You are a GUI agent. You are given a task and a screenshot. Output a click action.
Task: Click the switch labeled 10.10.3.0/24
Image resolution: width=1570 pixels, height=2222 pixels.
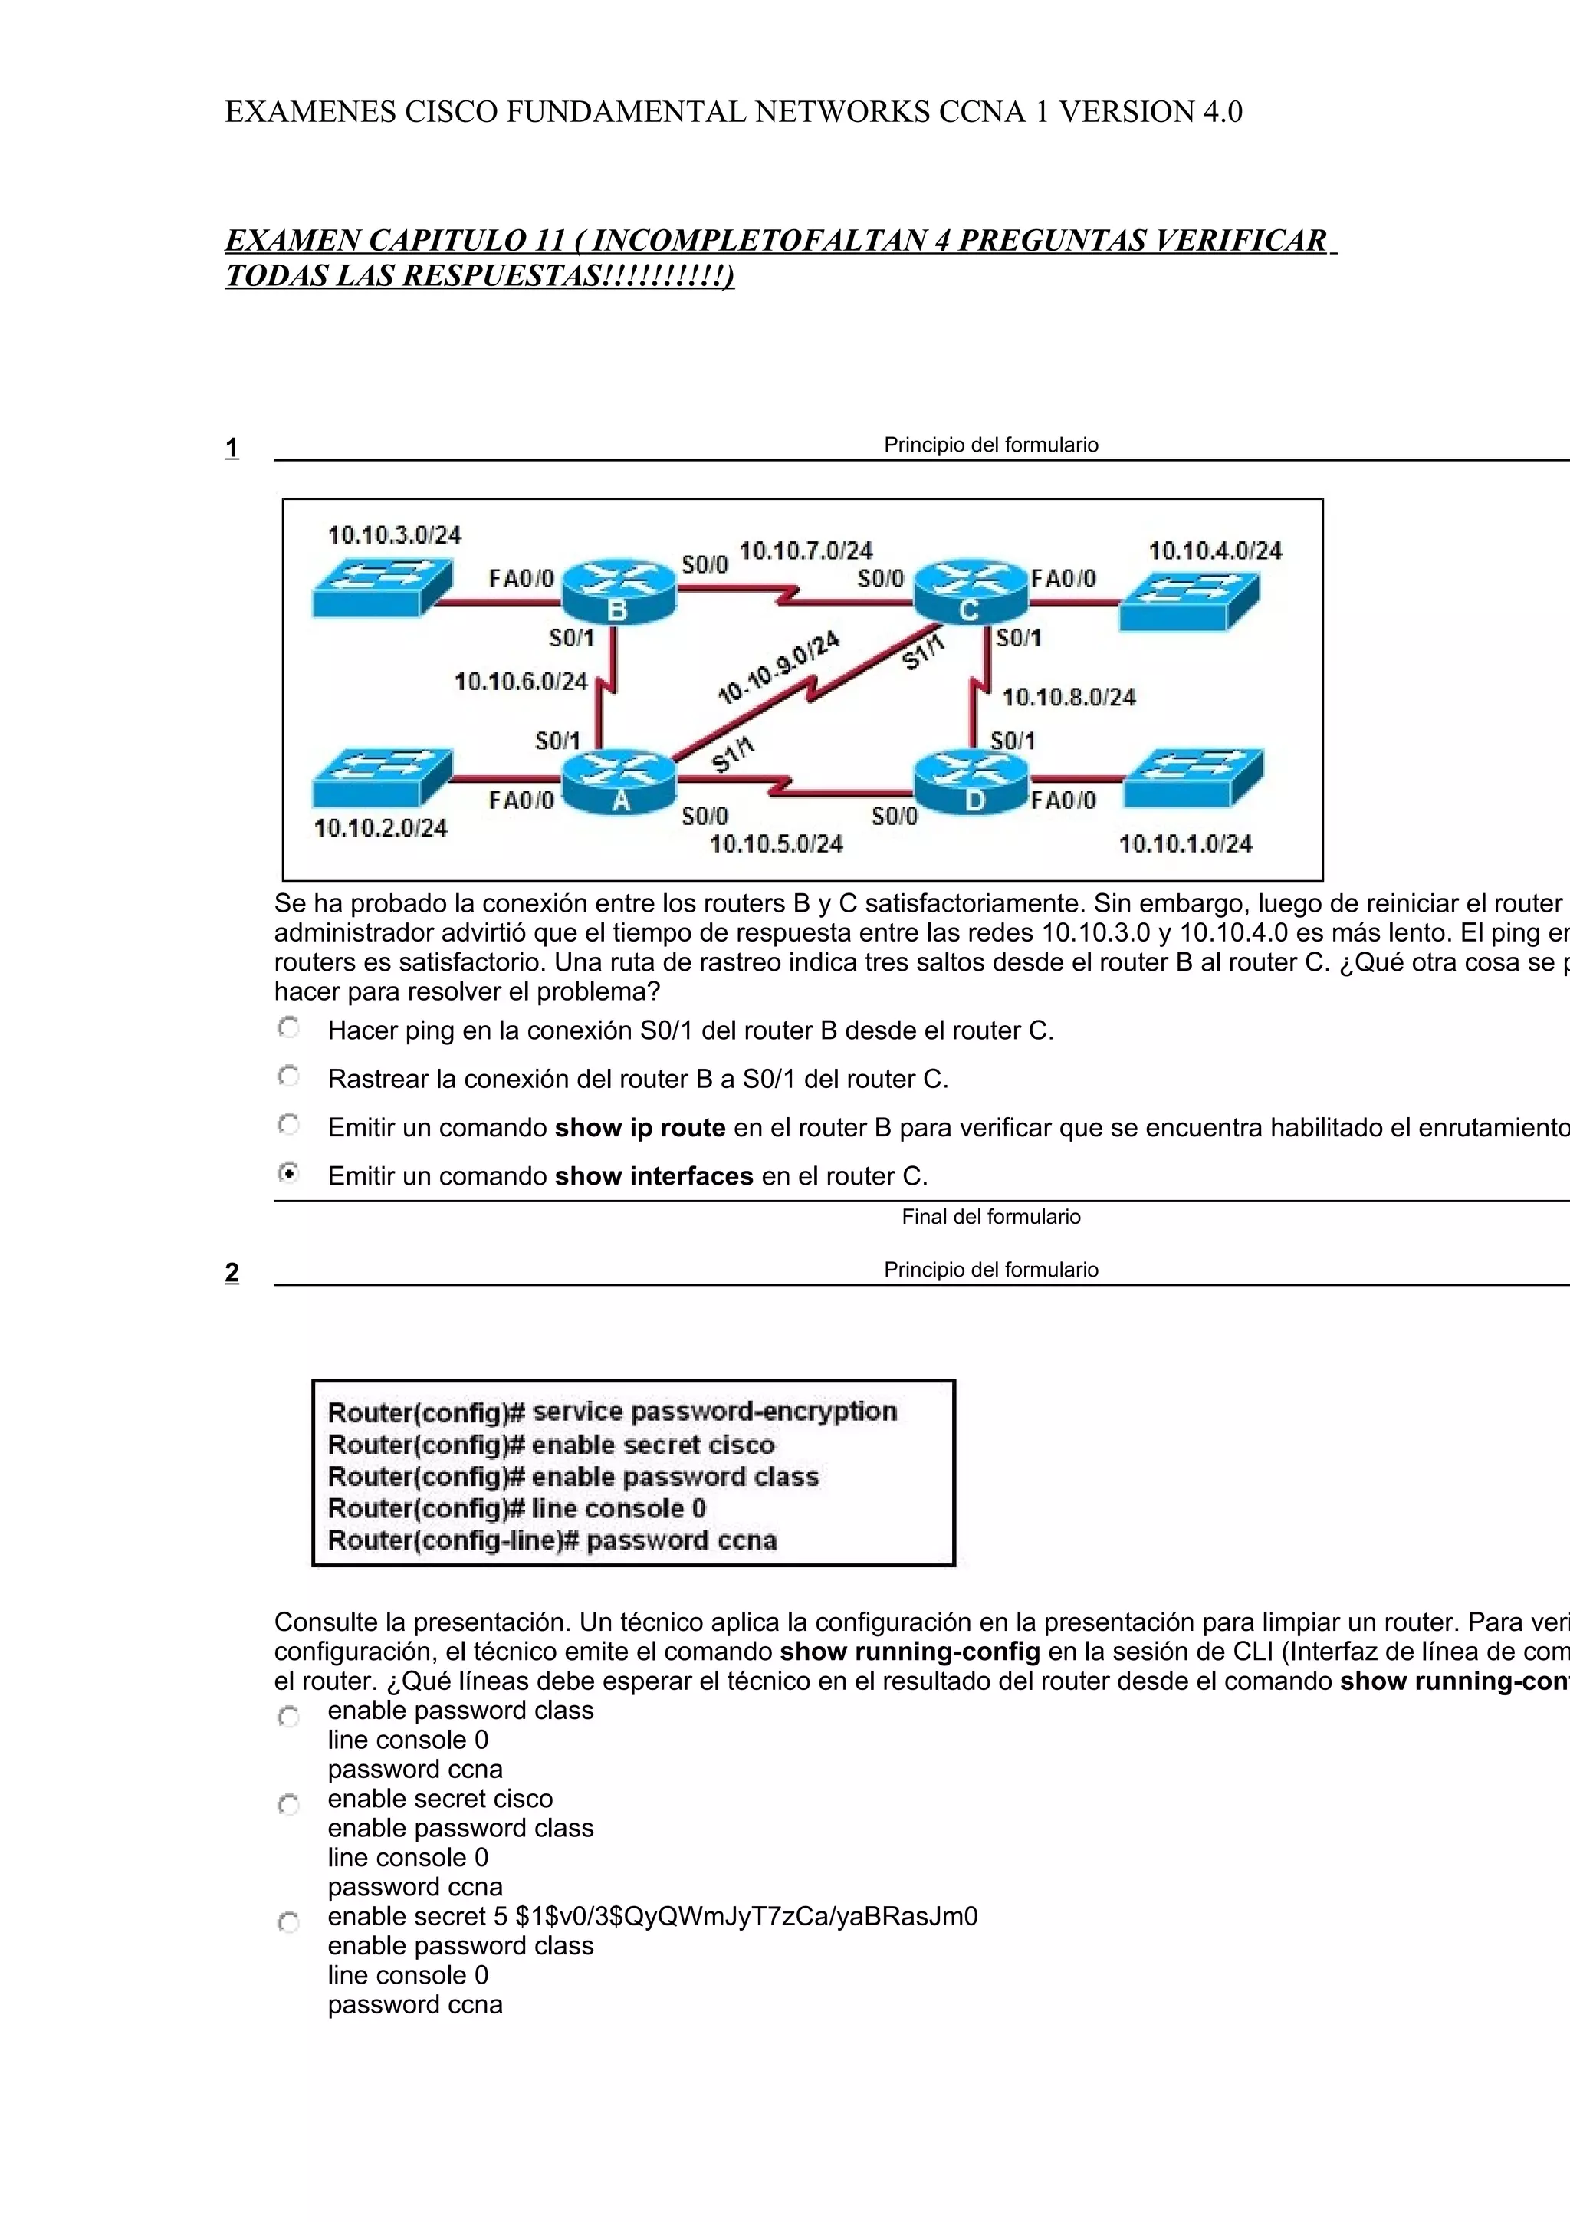click(x=382, y=587)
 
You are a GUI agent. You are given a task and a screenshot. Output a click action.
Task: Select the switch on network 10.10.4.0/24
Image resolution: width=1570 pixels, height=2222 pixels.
click(x=1190, y=601)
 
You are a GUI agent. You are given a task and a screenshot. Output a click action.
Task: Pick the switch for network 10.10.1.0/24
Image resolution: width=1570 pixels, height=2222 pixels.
click(x=1193, y=777)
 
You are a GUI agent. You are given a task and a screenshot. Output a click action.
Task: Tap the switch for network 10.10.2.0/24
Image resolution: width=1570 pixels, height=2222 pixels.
click(x=382, y=777)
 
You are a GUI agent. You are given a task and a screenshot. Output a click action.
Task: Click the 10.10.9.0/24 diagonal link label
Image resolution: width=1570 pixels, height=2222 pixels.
click(x=779, y=668)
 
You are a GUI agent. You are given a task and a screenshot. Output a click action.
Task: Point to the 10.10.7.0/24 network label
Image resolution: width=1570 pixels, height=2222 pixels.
click(x=806, y=551)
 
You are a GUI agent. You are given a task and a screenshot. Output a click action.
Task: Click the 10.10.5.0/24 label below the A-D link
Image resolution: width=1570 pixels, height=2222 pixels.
click(x=776, y=844)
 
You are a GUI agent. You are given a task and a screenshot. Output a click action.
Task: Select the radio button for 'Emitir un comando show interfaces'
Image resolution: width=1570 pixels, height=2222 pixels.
click(x=288, y=1174)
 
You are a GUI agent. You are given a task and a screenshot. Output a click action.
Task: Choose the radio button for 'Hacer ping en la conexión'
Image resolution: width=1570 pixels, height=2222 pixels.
click(x=288, y=1027)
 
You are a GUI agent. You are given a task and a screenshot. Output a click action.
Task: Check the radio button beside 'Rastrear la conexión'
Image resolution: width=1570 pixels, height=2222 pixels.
click(x=288, y=1076)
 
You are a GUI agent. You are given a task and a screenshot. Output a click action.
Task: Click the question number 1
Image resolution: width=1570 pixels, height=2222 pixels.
click(x=232, y=448)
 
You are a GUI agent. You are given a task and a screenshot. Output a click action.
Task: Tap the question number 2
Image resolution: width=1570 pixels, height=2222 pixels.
click(x=232, y=1273)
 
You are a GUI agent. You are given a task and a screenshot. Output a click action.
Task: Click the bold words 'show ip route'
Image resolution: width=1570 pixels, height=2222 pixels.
click(x=640, y=1127)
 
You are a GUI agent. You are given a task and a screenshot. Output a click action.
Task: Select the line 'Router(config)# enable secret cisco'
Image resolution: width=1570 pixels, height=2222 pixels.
click(x=551, y=1445)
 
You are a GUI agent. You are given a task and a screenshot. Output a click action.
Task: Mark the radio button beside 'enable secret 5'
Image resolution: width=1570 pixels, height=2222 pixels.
click(x=288, y=1922)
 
